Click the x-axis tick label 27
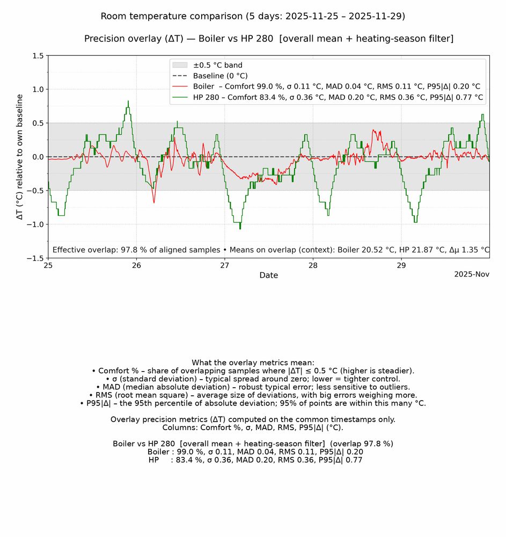point(225,265)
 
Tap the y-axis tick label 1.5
point(38,56)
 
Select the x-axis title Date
point(268,275)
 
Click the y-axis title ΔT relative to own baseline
point(20,157)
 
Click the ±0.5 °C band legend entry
point(218,66)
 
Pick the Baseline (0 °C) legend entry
point(221,76)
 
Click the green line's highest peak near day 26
point(128,101)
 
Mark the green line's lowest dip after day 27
point(240,228)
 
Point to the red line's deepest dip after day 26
point(154,202)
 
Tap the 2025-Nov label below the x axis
point(472,274)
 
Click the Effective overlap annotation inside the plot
point(270,250)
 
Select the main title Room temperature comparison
point(253,16)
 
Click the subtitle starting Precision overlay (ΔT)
point(268,39)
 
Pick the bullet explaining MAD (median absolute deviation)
point(252,387)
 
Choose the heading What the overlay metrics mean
point(253,363)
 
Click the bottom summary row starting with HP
point(255,460)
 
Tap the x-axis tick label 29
point(401,265)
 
